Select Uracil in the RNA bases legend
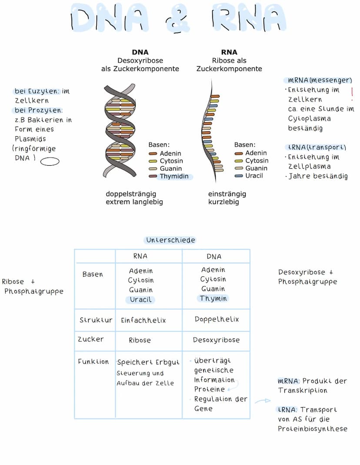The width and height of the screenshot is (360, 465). point(254,176)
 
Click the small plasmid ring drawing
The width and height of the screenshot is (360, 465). point(50,162)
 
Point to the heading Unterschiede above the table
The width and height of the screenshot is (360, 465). point(170,240)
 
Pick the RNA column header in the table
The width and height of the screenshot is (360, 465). point(140,256)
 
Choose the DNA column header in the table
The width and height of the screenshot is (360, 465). point(214,256)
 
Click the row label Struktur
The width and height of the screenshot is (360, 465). point(96,320)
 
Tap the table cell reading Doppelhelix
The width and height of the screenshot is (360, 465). point(217,319)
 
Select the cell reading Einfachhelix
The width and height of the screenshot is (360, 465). point(143,320)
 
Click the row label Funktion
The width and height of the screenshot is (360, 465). point(93,361)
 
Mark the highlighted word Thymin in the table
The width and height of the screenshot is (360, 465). point(213,298)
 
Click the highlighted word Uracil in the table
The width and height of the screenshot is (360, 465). point(140,300)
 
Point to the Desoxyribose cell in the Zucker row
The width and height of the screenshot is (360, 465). point(216,340)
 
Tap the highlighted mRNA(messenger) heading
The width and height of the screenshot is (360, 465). point(320,80)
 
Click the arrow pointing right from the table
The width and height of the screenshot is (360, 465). point(262,401)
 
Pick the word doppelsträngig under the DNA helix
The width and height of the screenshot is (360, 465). point(131,194)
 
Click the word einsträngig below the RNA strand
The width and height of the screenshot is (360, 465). point(227,194)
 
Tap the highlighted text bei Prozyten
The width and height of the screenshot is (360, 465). point(38,110)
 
